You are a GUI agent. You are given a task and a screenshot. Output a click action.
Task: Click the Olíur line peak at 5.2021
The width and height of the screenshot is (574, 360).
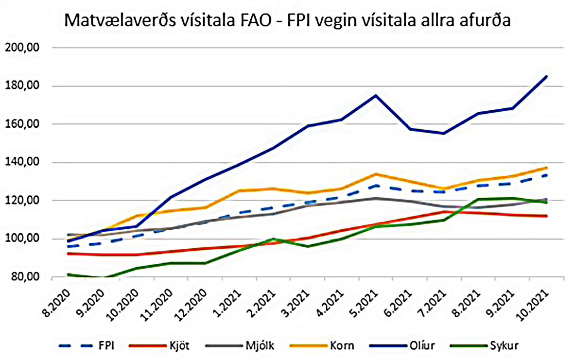(x=376, y=95)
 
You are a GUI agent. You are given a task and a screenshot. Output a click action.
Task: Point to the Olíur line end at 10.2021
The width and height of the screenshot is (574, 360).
(x=547, y=76)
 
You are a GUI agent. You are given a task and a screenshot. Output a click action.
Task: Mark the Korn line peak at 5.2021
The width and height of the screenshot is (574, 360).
(x=376, y=174)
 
